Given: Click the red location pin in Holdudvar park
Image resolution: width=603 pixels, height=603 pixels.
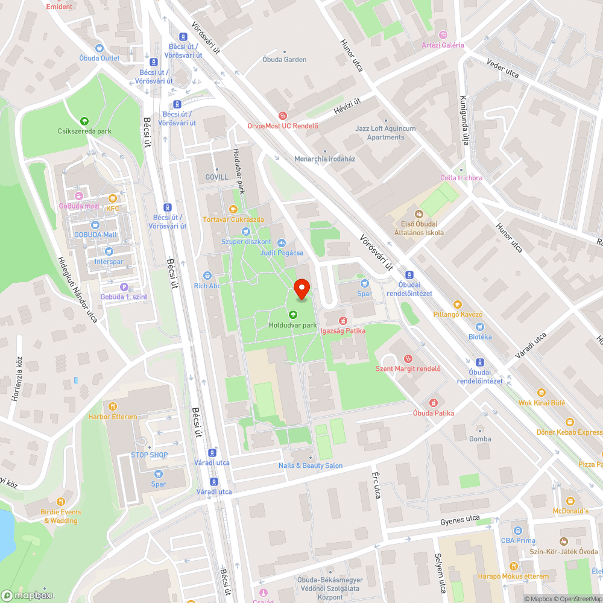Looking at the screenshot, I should tap(301, 288).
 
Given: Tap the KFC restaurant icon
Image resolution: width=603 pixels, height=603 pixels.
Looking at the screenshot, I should tap(112, 198).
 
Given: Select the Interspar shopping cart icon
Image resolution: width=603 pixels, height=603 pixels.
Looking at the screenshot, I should tap(109, 251).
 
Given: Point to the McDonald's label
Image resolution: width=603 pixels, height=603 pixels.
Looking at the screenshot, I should tap(570, 511).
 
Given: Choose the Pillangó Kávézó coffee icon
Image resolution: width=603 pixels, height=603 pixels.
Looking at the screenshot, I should tap(457, 304).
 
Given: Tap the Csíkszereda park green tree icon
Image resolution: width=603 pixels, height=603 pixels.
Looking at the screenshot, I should tap(84, 121).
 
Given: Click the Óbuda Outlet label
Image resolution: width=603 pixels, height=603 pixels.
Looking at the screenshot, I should tap(99, 58).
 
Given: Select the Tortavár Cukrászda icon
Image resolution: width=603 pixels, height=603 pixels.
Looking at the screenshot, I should tap(233, 209).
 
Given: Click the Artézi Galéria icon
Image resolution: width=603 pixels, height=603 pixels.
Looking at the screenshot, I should tap(443, 34).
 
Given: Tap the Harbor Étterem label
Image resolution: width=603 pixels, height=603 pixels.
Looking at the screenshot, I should tap(112, 417).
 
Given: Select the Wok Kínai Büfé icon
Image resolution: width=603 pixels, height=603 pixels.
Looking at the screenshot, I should tap(542, 392).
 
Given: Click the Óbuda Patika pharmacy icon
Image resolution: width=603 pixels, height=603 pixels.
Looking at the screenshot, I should tap(433, 402).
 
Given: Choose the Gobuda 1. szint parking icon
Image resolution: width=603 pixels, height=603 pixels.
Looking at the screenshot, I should tap(124, 287).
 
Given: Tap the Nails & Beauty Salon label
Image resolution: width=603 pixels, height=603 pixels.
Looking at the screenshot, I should tap(311, 466).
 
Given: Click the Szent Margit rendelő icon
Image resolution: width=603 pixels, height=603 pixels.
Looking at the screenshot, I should tap(408, 358).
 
